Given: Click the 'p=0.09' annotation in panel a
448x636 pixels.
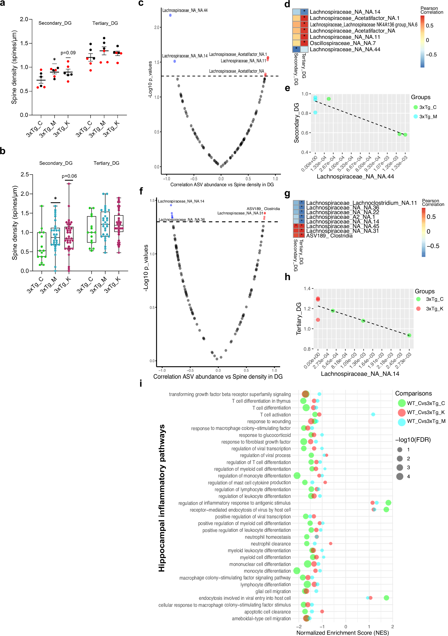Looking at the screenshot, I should click(68, 53).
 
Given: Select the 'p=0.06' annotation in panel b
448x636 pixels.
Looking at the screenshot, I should click(69, 176).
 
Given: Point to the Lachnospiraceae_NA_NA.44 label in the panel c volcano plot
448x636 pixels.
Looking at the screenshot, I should click(185, 11).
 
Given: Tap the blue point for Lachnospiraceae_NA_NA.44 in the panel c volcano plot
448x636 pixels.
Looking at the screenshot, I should click(170, 15).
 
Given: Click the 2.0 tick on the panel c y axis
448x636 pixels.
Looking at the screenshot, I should click(157, 27).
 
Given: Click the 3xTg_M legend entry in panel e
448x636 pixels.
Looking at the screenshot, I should click(428, 117).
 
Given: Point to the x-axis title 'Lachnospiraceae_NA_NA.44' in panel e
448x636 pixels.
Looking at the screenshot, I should click(355, 176).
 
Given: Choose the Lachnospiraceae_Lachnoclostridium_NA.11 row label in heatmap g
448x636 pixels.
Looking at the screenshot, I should click(361, 203).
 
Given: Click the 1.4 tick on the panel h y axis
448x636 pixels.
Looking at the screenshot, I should click(307, 289).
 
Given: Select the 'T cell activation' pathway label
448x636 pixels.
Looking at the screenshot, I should click(275, 415).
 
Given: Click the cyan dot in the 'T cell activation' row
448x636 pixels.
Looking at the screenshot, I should click(373, 414).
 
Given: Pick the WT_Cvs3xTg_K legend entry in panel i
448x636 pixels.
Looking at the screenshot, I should click(425, 412).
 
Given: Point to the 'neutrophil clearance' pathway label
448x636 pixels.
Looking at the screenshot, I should click(271, 544).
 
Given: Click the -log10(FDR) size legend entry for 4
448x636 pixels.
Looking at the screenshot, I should click(408, 476).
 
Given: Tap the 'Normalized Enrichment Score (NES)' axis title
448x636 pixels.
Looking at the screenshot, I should click(342, 633).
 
